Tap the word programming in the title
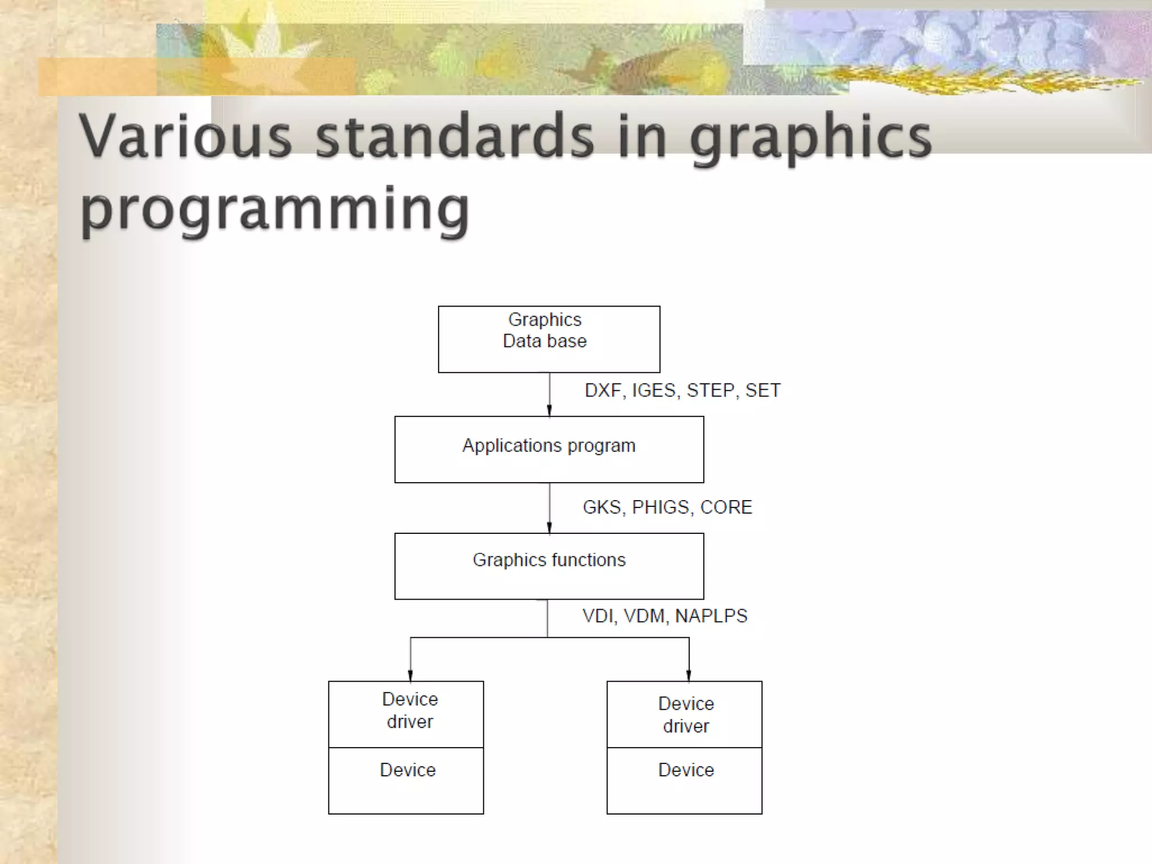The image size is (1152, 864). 274,209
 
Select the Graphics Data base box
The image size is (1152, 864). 549,339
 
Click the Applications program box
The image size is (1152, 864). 549,449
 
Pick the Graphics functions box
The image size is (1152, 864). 549,566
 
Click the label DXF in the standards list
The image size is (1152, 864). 602,390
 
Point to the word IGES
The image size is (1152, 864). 654,390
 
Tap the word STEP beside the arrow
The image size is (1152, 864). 710,390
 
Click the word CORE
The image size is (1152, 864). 726,507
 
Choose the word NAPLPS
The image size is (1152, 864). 711,616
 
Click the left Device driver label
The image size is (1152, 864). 410,710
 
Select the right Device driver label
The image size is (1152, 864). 686,715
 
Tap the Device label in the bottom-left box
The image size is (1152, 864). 408,770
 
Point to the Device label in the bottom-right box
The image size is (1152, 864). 686,770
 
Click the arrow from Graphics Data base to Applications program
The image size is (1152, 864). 550,394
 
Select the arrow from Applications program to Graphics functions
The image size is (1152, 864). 550,508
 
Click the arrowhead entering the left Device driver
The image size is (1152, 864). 410,676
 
